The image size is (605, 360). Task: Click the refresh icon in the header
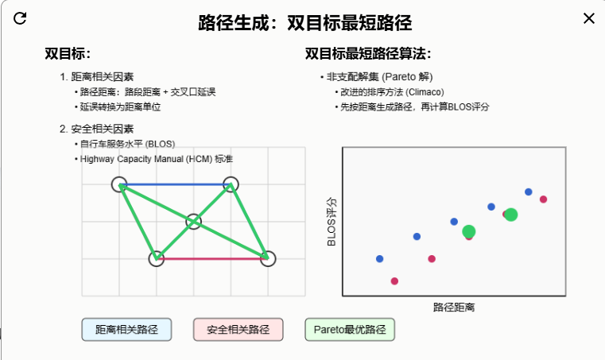(21, 18)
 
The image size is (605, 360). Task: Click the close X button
(589, 18)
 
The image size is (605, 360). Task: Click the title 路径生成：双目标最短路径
(305, 21)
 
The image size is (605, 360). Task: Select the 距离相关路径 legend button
(127, 329)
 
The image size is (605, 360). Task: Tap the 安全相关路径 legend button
(239, 329)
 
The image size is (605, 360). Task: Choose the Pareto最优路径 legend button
(350, 329)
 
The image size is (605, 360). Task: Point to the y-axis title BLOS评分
(332, 222)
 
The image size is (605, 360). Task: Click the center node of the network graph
(193, 221)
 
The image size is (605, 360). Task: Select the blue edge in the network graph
(175, 184)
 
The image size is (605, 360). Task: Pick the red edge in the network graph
(211, 258)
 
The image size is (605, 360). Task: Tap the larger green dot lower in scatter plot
(469, 231)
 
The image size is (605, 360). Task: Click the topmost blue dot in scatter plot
(529, 192)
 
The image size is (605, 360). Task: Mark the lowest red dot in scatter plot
(394, 281)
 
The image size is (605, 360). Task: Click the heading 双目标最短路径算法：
(368, 53)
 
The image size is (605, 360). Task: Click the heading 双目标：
(68, 53)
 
